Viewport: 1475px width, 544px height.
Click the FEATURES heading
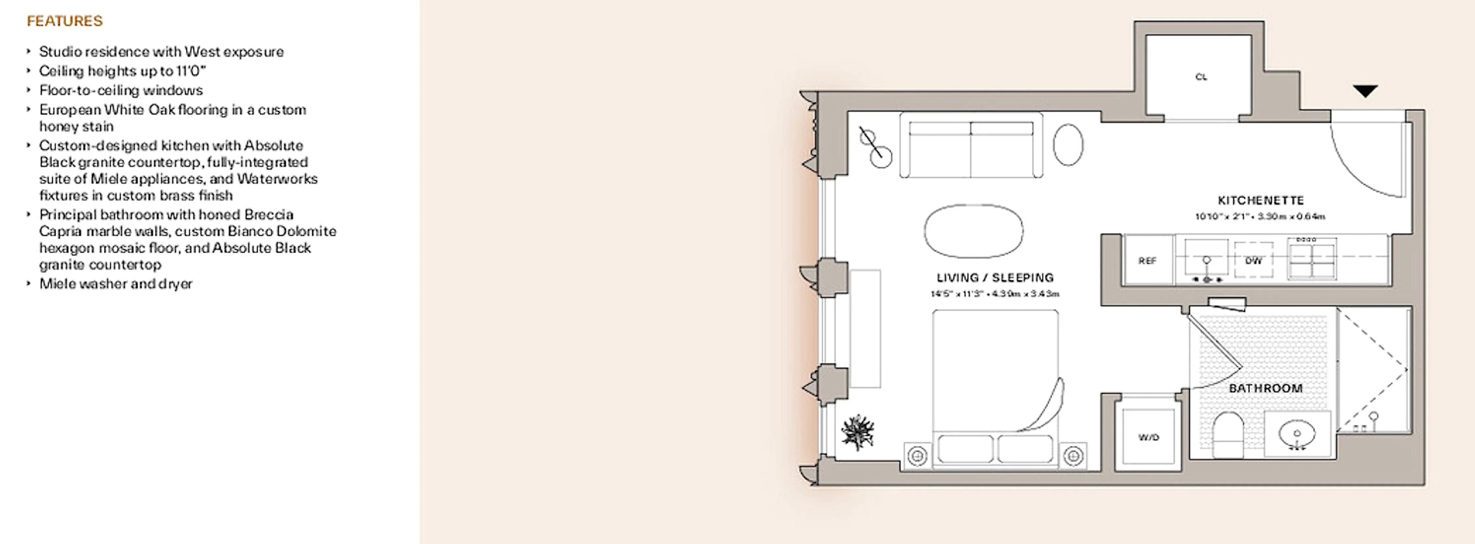[x=65, y=21]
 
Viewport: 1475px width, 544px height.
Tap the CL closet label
[x=1201, y=77]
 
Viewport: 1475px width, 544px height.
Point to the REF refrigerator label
[x=1147, y=261]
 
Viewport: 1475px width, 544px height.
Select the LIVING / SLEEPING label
[x=995, y=278]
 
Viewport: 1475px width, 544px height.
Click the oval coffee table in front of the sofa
[x=973, y=231]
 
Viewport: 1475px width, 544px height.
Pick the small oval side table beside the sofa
[x=1068, y=145]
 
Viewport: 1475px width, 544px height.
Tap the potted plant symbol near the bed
[x=857, y=432]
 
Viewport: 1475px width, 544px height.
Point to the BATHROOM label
[x=1265, y=388]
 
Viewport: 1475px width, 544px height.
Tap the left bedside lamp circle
[x=917, y=456]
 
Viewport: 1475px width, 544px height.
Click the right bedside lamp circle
[x=1072, y=456]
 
